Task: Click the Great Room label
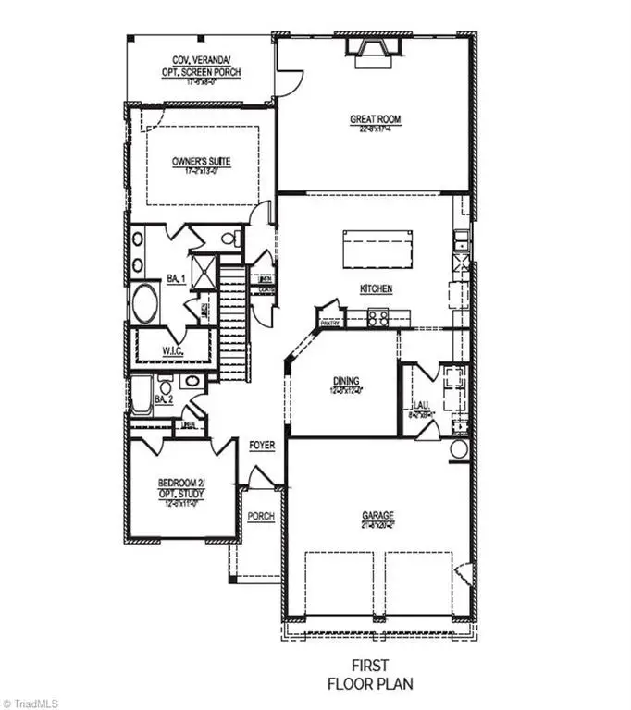tap(375, 118)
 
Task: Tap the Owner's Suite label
tap(201, 162)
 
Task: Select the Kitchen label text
tap(376, 289)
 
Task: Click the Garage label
tap(377, 516)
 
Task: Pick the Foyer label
tap(262, 446)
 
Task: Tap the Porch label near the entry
tap(261, 516)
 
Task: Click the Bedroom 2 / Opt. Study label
tap(180, 489)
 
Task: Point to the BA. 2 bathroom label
tap(164, 399)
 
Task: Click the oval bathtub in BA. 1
tap(145, 302)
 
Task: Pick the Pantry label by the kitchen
tap(330, 324)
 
